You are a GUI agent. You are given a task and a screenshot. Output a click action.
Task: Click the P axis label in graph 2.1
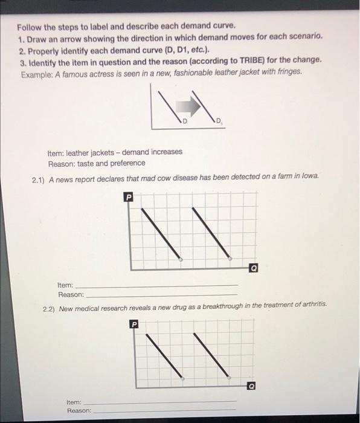pos(128,197)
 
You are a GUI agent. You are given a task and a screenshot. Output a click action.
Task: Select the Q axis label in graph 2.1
pos(254,266)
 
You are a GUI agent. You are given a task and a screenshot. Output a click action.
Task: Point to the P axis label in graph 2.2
pos(135,325)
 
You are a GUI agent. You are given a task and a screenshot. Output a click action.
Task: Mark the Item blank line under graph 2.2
pos(163,401)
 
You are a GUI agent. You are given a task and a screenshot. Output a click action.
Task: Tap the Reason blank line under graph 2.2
pos(163,410)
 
